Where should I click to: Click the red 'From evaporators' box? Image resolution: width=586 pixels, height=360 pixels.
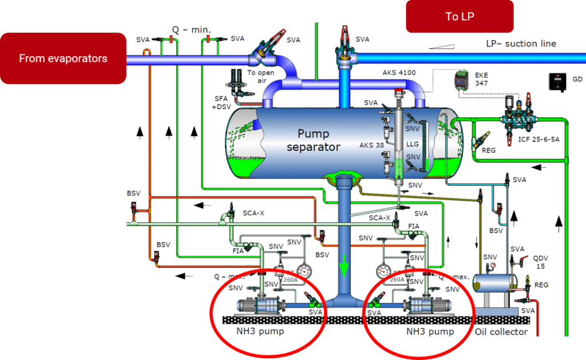point(63,58)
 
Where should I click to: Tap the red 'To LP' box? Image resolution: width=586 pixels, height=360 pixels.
point(460,17)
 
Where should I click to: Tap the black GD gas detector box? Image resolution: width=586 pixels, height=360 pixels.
point(556,81)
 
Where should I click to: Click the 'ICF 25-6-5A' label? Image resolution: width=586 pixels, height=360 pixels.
point(524,138)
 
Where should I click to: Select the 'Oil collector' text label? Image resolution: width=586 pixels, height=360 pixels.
point(501,332)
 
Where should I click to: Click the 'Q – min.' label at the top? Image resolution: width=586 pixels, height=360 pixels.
point(191,29)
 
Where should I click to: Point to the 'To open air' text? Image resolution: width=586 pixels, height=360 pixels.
point(260,77)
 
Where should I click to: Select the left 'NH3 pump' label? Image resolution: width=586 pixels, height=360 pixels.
point(260,331)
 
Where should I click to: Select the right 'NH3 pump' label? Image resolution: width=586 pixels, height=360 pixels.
point(430,331)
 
